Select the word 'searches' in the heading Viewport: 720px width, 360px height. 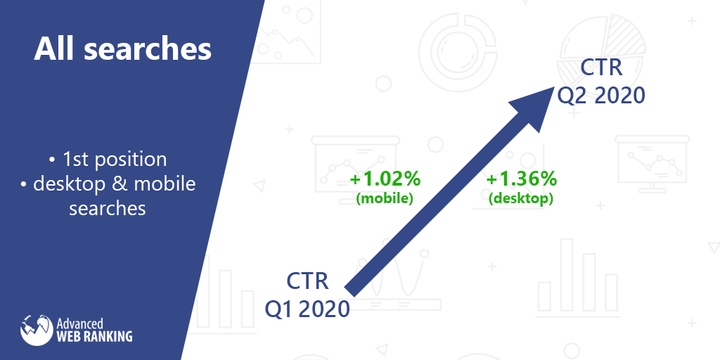[x=148, y=50]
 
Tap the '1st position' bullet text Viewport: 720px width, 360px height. [x=115, y=160]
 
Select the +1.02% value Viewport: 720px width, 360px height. [x=385, y=179]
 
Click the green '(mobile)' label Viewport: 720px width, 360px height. [x=385, y=199]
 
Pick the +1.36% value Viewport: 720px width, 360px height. [x=521, y=179]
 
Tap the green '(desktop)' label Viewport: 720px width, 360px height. [x=521, y=199]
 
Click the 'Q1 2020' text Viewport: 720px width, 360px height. [x=307, y=309]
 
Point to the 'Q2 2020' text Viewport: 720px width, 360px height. [x=602, y=96]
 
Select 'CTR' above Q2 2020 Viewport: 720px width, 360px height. [x=602, y=67]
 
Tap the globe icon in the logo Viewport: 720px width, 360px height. [x=37, y=329]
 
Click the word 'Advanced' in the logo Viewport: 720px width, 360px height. [x=79, y=323]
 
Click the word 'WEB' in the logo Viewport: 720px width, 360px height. [x=67, y=336]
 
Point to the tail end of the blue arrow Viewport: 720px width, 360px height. [x=350, y=290]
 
